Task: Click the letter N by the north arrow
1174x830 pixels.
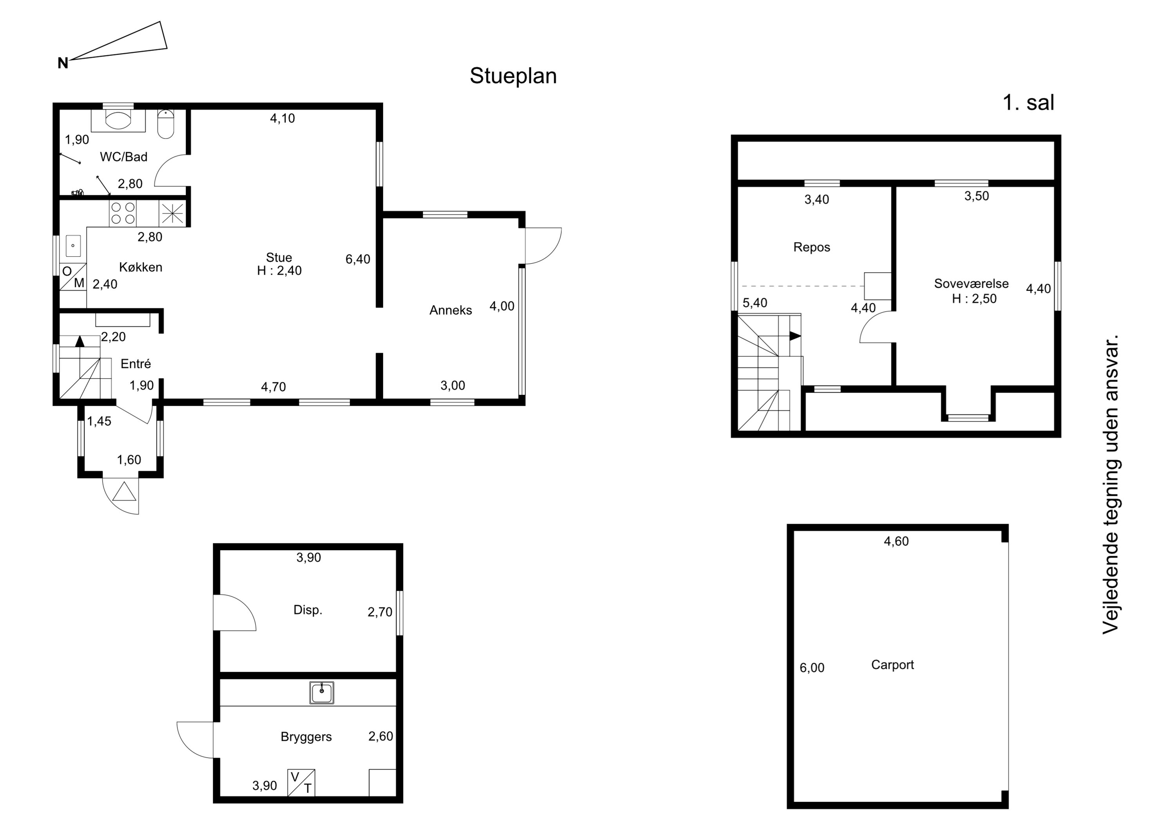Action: pos(63,63)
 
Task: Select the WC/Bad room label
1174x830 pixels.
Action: pos(124,157)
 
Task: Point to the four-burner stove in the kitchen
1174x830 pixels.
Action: pos(123,213)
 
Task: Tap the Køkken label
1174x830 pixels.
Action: pos(140,267)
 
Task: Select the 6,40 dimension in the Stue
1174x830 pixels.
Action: pos(358,259)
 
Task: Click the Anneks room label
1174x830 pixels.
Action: pos(450,310)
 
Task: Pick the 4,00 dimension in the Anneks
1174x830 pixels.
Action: pos(502,306)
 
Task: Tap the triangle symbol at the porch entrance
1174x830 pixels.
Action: pos(124,492)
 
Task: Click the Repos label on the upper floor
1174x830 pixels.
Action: pos(812,248)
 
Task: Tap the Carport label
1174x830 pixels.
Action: pos(892,665)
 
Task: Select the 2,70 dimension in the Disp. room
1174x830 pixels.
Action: pos(380,612)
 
